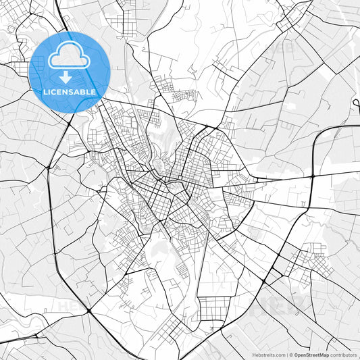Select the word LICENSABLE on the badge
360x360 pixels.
(x=70, y=92)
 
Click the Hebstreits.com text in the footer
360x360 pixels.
(x=268, y=354)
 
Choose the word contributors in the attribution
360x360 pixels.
(x=343, y=354)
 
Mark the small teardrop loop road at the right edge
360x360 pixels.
(x=356, y=103)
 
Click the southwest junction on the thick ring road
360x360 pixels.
(x=88, y=310)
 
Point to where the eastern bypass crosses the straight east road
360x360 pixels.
(x=313, y=176)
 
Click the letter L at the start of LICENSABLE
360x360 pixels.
(x=44, y=92)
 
